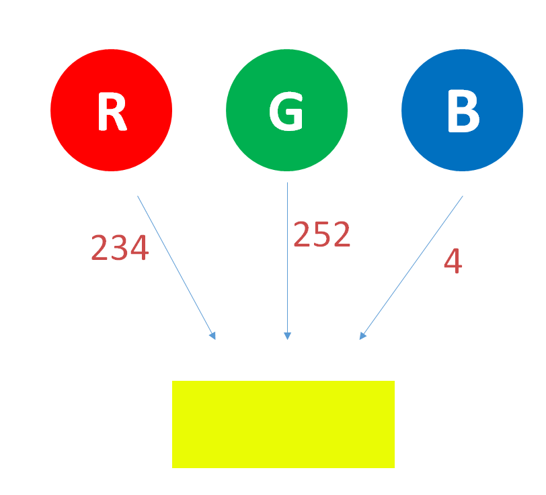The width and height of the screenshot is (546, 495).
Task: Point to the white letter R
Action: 112,111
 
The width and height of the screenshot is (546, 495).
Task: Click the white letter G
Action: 286,111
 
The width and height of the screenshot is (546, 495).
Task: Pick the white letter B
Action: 463,111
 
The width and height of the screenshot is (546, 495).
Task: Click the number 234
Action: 120,249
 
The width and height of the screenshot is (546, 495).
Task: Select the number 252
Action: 322,235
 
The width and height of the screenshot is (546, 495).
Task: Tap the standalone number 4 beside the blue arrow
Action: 453,261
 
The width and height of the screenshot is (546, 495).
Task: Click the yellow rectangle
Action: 283,424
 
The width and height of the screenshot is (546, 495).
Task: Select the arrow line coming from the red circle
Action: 175,266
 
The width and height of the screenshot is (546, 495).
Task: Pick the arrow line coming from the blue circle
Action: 412,267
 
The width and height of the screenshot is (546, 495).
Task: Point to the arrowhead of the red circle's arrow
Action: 213,336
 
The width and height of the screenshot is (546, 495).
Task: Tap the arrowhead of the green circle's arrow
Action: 287,336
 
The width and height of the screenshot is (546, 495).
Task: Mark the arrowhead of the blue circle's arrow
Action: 362,336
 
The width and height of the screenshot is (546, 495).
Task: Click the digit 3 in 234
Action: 120,249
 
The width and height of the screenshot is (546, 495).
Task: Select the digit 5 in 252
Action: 322,235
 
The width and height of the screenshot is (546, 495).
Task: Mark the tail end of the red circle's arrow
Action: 138,196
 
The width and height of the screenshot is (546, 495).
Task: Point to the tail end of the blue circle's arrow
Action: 463,196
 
